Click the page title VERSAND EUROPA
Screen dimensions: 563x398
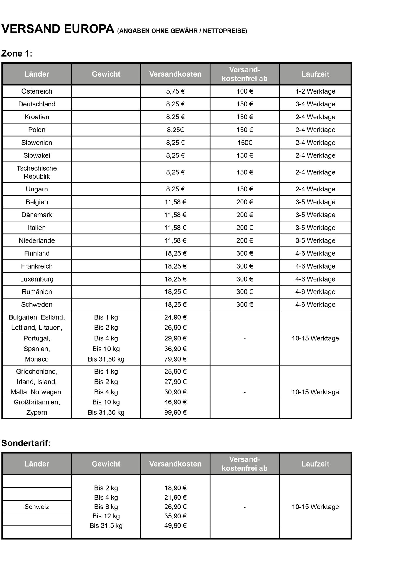coord(58,29)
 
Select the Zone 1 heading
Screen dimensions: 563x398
coord(17,54)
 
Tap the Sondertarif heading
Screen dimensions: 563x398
coord(26,443)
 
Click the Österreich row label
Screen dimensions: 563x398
coord(37,91)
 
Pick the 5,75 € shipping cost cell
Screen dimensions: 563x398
coord(175,91)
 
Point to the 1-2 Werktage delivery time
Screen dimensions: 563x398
coord(315,91)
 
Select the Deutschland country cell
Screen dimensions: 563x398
coord(37,104)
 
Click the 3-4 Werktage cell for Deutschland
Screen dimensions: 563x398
coord(315,104)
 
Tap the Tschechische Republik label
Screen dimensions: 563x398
coord(37,172)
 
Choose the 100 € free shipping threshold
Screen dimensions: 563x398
coord(245,91)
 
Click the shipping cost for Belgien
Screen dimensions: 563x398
coord(175,202)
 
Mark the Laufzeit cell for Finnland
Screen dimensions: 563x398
coord(315,253)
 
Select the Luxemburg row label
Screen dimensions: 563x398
coord(37,279)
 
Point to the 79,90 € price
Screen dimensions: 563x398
coord(175,359)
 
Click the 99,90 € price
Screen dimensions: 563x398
coord(175,412)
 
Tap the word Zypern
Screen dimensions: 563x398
coord(37,412)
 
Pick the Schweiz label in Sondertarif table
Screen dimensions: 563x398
coord(37,507)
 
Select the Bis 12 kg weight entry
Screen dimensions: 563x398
coord(106,516)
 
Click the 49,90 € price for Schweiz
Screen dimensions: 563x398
coord(175,525)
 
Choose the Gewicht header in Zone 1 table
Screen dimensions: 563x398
coord(106,74)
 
